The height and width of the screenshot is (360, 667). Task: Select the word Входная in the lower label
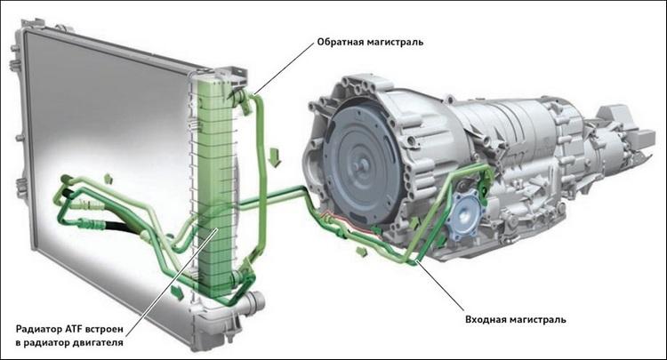pyautogui.click(x=486, y=319)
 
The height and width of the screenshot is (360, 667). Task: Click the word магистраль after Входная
pyautogui.click(x=538, y=320)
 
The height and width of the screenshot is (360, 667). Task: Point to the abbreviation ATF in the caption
pyautogui.click(x=74, y=329)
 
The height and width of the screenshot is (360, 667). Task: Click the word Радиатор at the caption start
pyautogui.click(x=39, y=330)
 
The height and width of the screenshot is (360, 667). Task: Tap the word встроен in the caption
pyautogui.click(x=105, y=330)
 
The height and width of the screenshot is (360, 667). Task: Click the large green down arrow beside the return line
pyautogui.click(x=275, y=156)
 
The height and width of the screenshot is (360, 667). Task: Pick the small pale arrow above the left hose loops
pyautogui.click(x=108, y=179)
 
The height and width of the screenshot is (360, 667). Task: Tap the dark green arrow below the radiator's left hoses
pyautogui.click(x=176, y=292)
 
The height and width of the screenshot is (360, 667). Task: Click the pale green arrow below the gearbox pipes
pyautogui.click(x=362, y=252)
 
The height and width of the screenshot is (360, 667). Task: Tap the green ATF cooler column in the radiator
pyautogui.click(x=216, y=187)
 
